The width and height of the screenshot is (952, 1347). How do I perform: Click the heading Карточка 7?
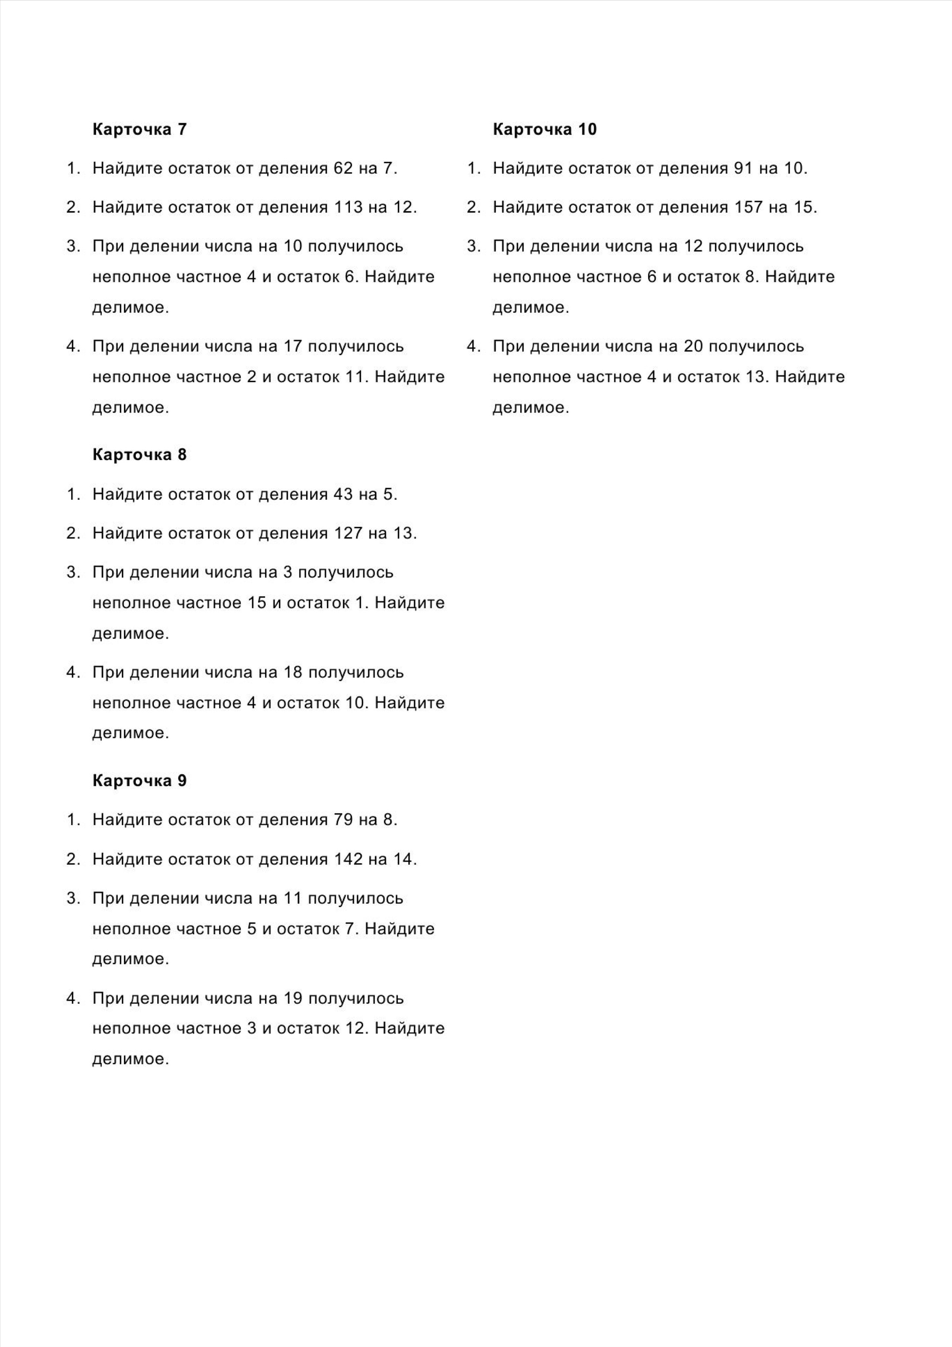tap(139, 129)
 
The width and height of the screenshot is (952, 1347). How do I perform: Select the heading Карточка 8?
tap(139, 455)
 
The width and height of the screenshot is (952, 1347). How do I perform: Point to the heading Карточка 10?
tap(544, 129)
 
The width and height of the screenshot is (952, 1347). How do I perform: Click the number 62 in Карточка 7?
tap(343, 168)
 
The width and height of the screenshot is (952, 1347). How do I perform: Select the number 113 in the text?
tap(348, 207)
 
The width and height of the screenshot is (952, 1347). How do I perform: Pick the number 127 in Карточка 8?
tap(348, 533)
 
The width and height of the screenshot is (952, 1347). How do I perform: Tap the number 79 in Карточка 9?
tap(343, 820)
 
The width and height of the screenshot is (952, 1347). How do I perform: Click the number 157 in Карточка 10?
tap(749, 207)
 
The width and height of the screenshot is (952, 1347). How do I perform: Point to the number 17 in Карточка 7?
tap(293, 346)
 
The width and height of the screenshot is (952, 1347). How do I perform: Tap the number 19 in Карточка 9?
tap(293, 998)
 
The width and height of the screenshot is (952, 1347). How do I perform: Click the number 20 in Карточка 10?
tap(693, 346)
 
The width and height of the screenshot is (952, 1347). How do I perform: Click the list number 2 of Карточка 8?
tap(71, 533)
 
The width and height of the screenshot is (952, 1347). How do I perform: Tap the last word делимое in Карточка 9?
tap(130, 1059)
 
